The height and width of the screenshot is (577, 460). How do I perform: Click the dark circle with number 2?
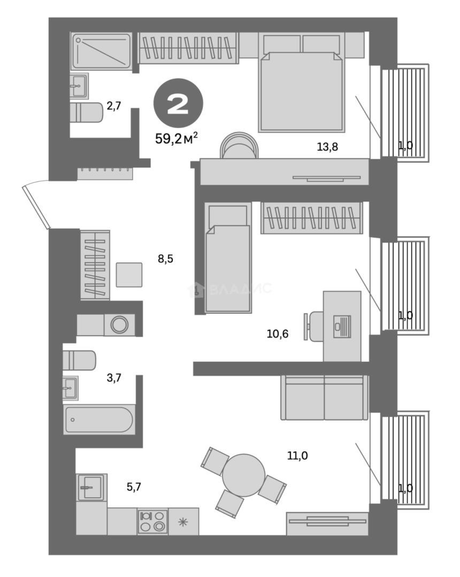point(178,105)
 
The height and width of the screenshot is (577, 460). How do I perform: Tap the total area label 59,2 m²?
point(177,139)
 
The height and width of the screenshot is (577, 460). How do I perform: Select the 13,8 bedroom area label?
point(327,145)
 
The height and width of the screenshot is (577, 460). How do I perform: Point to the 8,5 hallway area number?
point(165,260)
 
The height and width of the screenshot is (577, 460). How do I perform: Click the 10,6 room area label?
point(278,335)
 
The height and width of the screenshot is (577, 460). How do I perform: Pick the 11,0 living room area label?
point(297,456)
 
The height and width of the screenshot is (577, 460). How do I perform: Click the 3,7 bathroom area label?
point(114,378)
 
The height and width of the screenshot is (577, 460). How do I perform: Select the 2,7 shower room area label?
point(114,105)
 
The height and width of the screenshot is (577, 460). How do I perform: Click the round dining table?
point(243,475)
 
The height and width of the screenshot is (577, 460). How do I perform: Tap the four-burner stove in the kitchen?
point(153,521)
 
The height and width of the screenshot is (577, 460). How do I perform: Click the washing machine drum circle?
point(119,325)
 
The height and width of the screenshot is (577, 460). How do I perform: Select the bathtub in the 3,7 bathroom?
point(99,419)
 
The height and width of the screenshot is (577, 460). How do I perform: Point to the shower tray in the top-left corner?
point(102,51)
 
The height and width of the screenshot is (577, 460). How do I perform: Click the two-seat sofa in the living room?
point(325,398)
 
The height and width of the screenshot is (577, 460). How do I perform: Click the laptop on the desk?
point(342,326)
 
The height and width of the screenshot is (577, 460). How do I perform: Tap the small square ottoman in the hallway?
point(129,275)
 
